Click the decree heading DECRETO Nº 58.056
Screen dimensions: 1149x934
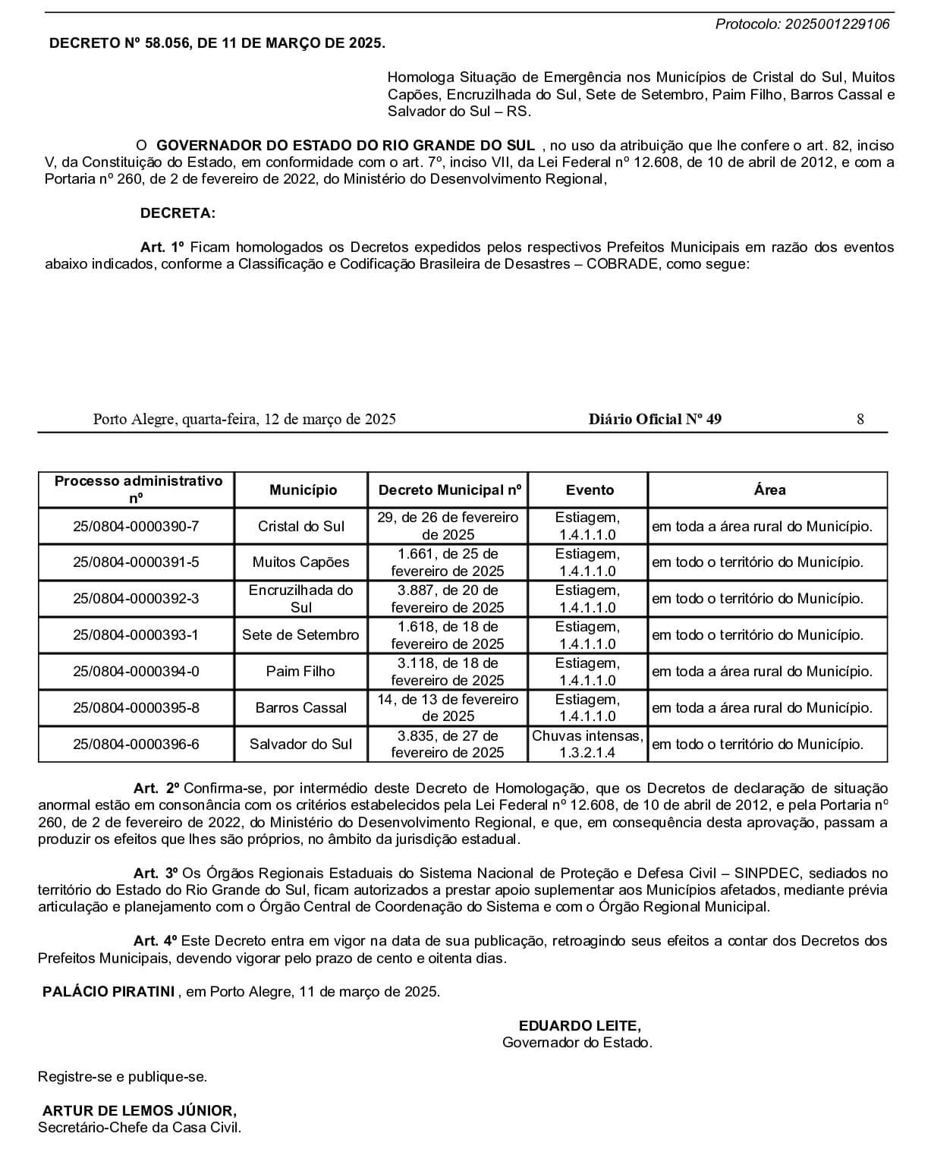[216, 43]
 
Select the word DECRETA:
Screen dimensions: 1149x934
[178, 213]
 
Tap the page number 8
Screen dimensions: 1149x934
[860, 419]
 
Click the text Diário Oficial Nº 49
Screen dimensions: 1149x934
[655, 419]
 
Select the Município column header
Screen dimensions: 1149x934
[303, 490]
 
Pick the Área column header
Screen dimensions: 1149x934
[769, 490]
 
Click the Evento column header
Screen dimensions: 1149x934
[590, 490]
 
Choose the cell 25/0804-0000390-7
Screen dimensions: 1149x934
[137, 526]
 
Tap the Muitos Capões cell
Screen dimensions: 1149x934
[301, 562]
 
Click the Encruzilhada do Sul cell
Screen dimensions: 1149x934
[301, 598]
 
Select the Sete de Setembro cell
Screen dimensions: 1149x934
[300, 634]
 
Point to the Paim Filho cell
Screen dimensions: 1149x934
[301, 671]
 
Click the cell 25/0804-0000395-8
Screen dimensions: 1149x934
[137, 707]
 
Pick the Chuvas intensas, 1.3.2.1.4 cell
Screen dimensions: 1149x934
[588, 744]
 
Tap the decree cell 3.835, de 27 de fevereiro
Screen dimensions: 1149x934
[448, 744]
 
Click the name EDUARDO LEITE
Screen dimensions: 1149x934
[580, 1026]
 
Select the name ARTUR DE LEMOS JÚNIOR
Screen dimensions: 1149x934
[139, 1111]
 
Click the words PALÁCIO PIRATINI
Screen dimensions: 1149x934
[108, 991]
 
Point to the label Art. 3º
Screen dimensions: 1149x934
[156, 874]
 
